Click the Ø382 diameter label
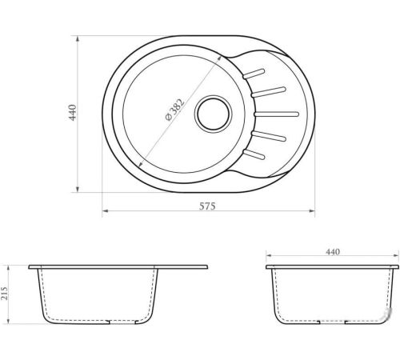click(x=175, y=110)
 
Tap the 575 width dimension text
click(x=207, y=206)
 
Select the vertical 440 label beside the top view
click(x=72, y=113)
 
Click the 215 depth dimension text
click(x=5, y=293)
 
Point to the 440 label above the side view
click(x=333, y=252)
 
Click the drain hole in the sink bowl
click(x=213, y=114)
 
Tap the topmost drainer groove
click(x=254, y=74)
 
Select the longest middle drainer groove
click(x=277, y=114)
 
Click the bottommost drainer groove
click(x=254, y=154)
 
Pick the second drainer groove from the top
click(x=269, y=92)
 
